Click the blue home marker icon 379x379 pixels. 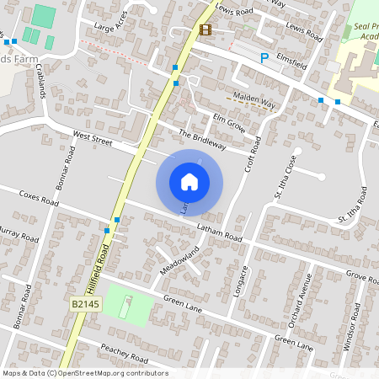[x=189, y=182]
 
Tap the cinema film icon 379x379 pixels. [x=206, y=29]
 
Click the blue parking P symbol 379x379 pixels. [x=264, y=58]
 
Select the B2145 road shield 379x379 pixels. [x=86, y=303]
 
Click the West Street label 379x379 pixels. [x=92, y=138]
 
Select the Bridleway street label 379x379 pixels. [x=203, y=140]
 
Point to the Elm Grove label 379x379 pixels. [x=228, y=122]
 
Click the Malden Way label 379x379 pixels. [x=255, y=99]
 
